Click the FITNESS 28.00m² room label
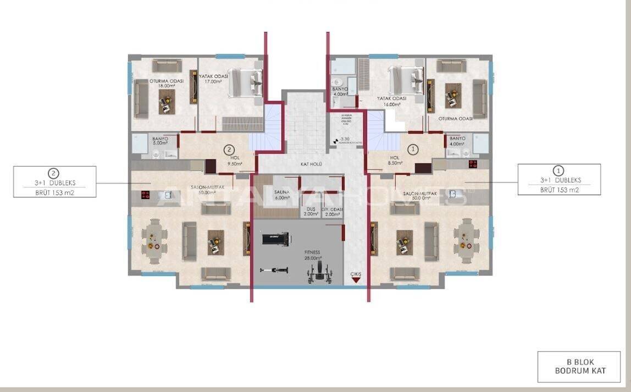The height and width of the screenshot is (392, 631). coord(312,255)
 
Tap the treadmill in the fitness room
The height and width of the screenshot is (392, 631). coord(276,238)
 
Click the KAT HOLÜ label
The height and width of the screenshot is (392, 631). coord(311,164)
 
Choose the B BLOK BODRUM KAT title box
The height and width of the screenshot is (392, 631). coord(579,367)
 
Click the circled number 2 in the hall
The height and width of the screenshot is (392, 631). coord(229,149)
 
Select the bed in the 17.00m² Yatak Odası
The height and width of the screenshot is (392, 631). coord(245,82)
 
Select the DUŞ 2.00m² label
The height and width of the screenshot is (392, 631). coord(311,212)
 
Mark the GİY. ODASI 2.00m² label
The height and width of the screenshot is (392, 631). coord(333,212)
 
